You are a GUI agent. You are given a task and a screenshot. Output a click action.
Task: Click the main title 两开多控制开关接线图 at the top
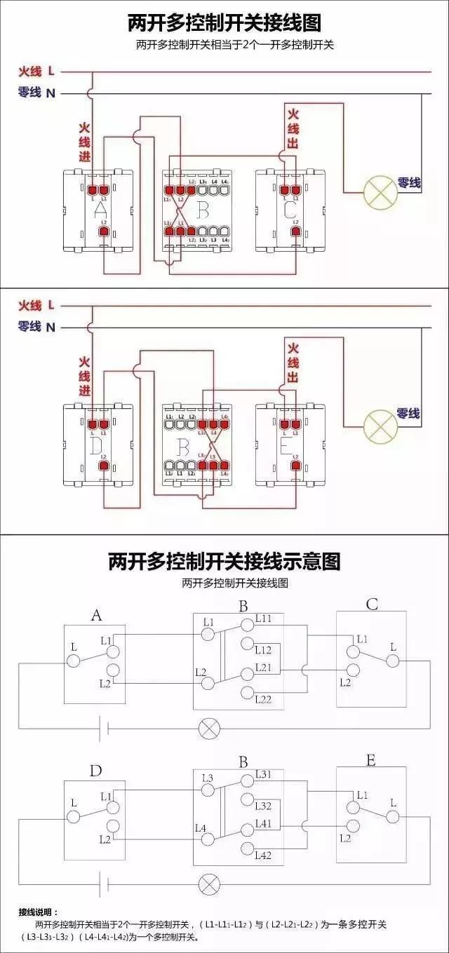click(224, 23)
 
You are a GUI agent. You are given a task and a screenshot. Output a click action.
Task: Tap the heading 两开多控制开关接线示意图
click(224, 561)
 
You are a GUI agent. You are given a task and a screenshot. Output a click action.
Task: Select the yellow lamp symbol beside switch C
click(380, 191)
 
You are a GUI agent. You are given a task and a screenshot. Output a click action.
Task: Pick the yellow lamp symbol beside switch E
click(380, 424)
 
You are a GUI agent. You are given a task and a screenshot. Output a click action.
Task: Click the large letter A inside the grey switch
click(100, 210)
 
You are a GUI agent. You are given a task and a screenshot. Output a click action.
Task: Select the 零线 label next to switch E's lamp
click(408, 414)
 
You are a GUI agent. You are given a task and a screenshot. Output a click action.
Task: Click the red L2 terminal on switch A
click(104, 231)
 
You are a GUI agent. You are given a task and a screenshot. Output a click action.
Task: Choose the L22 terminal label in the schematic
click(264, 699)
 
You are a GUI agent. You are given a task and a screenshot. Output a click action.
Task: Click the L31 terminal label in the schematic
click(264, 774)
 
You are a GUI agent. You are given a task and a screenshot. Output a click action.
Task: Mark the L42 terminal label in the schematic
click(264, 855)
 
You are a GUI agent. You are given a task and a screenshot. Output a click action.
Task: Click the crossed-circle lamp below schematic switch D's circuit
click(208, 884)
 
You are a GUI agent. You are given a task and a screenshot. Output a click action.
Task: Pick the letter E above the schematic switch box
click(371, 761)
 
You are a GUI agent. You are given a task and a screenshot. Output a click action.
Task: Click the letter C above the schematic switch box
click(372, 604)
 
